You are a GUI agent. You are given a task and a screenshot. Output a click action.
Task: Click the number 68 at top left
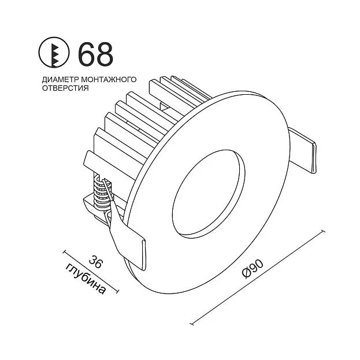(x=95, y=54)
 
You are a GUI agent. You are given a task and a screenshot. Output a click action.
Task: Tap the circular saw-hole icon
(x=54, y=53)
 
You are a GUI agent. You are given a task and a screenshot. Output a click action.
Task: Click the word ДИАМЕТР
(x=60, y=79)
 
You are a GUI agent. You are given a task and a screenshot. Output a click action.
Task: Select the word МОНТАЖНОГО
(x=109, y=79)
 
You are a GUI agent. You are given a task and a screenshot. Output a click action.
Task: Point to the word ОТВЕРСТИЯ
(x=65, y=88)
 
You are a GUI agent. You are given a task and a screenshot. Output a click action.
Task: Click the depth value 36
(x=95, y=261)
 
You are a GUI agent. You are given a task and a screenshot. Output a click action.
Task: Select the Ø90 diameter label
(x=253, y=269)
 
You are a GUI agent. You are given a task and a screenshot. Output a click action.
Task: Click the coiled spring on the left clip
(x=102, y=192)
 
